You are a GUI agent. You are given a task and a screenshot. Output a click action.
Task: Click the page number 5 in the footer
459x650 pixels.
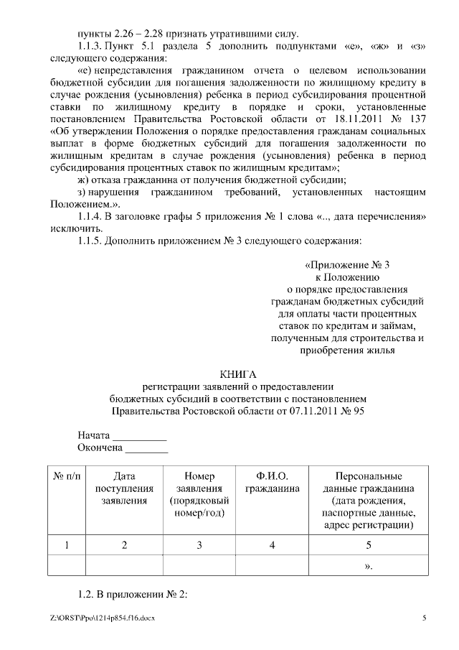(424, 618)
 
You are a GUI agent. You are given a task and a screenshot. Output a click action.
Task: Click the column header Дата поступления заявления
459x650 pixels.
(124, 488)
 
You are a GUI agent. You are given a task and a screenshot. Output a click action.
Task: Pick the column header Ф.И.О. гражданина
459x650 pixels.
(272, 483)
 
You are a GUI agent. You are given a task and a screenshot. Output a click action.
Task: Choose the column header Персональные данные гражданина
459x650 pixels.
(369, 501)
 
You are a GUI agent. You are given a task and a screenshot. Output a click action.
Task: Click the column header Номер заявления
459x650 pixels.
(199, 494)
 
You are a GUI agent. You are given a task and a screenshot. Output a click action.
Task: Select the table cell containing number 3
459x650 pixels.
(199, 545)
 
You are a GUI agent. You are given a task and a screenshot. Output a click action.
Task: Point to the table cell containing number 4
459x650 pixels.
(272, 545)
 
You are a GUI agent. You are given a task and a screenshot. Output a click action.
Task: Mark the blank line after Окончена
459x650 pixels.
(147, 450)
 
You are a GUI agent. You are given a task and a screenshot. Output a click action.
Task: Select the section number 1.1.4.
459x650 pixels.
(91, 216)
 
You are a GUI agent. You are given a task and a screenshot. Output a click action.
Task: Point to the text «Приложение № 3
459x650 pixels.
(347, 265)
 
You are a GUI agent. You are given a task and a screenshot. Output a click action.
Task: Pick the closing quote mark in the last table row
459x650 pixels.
(369, 566)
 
